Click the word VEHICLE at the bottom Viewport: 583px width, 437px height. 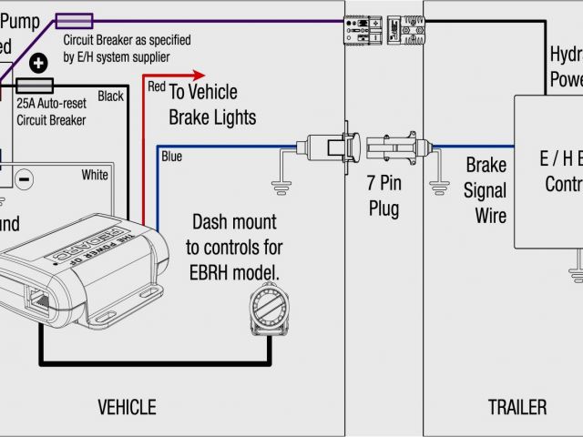[x=126, y=407]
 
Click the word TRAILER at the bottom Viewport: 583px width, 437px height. [x=517, y=407]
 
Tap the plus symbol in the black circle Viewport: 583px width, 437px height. [x=38, y=64]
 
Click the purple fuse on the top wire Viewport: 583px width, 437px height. [x=74, y=19]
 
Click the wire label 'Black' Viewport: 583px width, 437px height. [x=110, y=97]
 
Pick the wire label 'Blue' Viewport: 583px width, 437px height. [x=171, y=156]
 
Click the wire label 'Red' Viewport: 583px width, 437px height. [x=157, y=86]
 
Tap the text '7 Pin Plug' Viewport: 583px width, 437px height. [x=384, y=197]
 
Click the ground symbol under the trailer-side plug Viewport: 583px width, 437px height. [x=441, y=186]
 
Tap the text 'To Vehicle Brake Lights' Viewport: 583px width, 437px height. [x=211, y=105]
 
